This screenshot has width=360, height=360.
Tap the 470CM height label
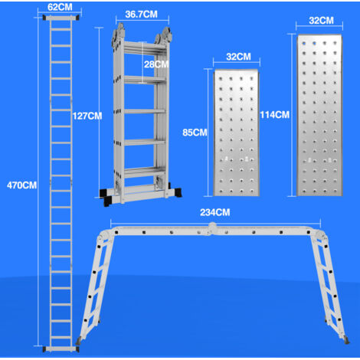click(21, 185)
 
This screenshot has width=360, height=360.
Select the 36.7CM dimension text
click(143, 14)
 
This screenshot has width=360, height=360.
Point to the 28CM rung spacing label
click(155, 64)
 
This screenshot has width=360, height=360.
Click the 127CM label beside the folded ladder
click(86, 116)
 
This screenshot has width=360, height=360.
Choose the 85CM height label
click(194, 132)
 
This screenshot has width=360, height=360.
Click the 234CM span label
click(216, 213)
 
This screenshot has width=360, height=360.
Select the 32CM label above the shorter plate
click(238, 57)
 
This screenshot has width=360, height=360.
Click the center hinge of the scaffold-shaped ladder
click(211, 227)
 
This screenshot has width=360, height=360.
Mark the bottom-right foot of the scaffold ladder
click(342, 338)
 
